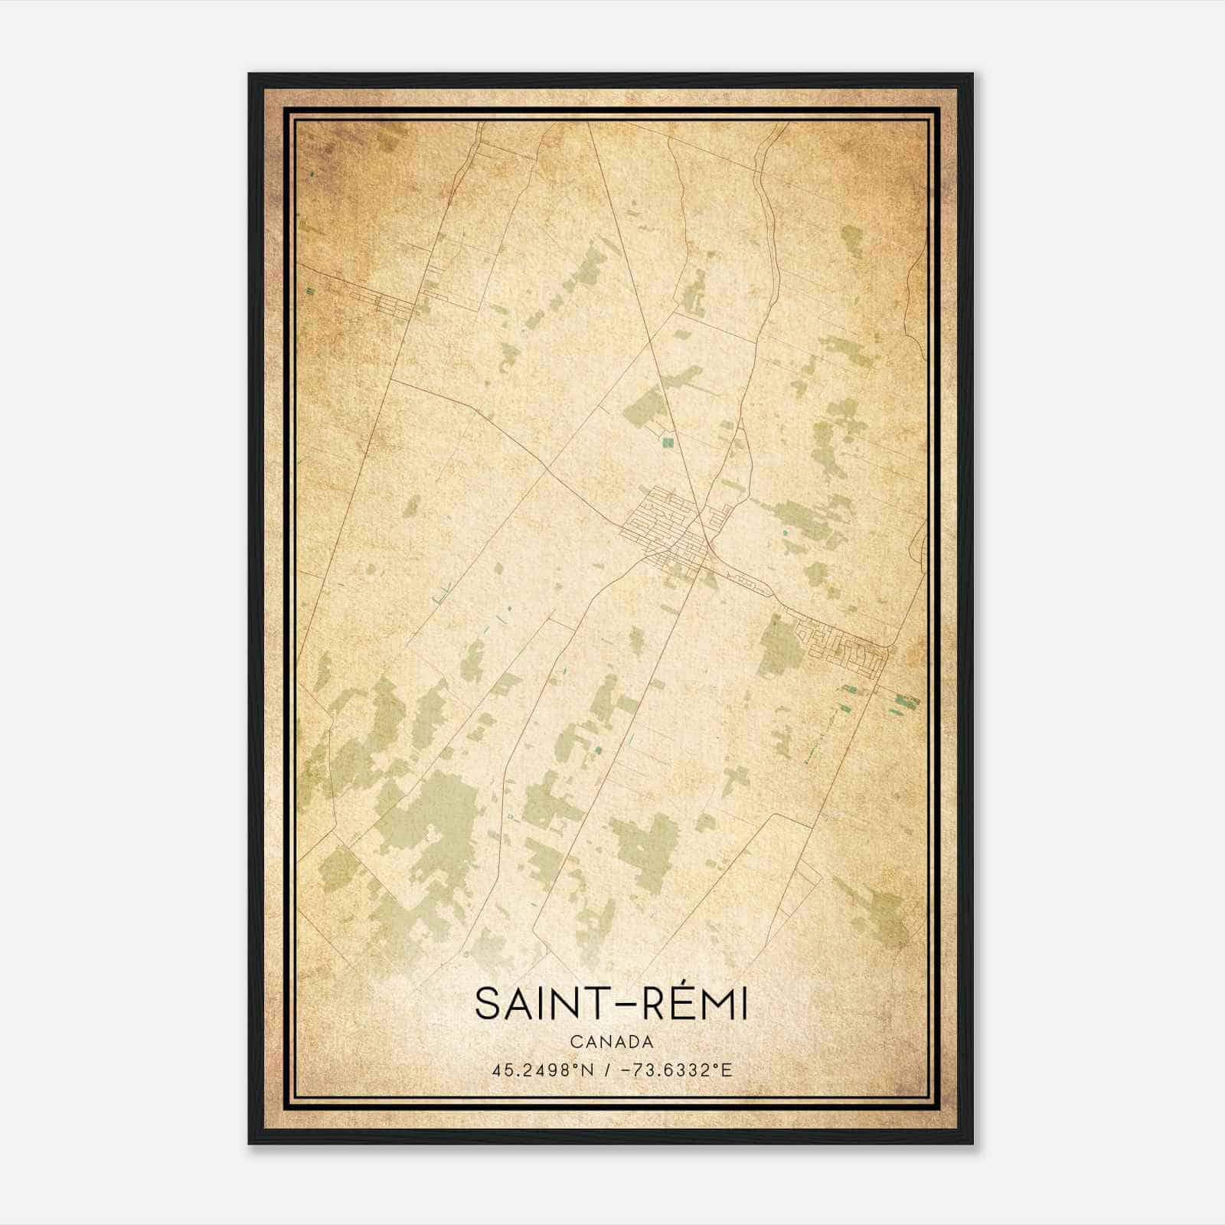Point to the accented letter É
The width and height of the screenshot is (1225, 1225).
(x=671, y=1004)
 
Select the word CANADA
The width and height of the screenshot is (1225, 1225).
(x=611, y=1042)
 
